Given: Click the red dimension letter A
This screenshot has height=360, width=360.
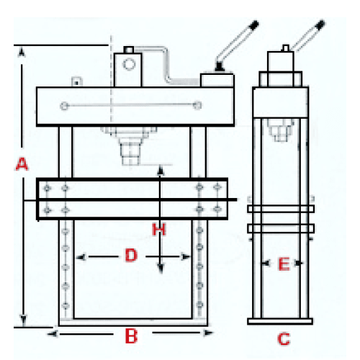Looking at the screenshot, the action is [x=22, y=164].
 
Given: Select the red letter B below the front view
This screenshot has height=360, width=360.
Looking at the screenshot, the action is [x=131, y=336].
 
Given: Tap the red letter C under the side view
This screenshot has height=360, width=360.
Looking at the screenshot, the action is [x=284, y=339].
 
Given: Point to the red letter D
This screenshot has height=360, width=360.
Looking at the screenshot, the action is [x=131, y=255].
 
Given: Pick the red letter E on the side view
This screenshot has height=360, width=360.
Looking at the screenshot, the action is [x=284, y=264].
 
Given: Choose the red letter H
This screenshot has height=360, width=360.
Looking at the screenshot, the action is [x=159, y=229].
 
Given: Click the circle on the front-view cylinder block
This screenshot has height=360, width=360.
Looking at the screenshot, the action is [x=129, y=64].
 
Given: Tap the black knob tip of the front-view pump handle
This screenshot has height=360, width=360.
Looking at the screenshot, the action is [x=254, y=25].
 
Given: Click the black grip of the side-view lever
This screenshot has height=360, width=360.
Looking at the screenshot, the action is [x=320, y=24].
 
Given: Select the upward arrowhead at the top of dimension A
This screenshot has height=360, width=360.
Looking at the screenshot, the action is [x=22, y=53].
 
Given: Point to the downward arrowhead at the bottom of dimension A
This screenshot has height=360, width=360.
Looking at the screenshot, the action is [x=23, y=320].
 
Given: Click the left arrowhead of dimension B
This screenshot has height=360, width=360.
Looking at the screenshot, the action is [x=53, y=334].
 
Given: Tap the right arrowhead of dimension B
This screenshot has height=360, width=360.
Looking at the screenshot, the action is [x=208, y=333].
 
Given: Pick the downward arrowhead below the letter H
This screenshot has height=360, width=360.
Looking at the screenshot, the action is [x=161, y=268].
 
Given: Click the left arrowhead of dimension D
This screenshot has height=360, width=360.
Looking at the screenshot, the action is [x=81, y=258].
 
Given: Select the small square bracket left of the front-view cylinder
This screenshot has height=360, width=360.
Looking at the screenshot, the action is [x=77, y=81].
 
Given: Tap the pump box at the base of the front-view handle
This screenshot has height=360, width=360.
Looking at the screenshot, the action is [x=217, y=81].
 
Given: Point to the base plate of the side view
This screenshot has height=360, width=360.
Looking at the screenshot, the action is [x=280, y=321].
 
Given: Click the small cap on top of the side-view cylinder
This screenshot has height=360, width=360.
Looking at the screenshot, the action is [x=285, y=48].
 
